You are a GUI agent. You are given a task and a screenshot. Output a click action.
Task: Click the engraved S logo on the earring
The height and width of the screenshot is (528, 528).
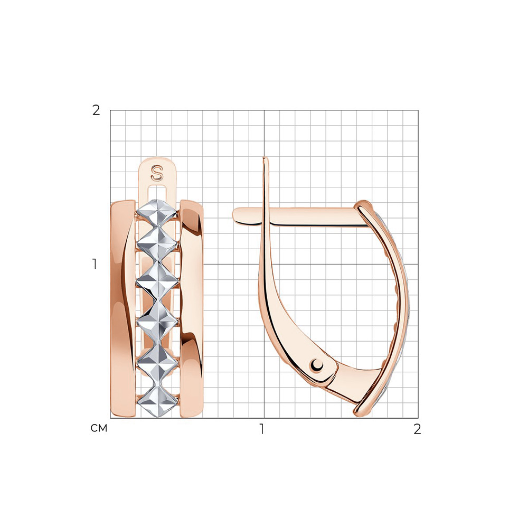157,173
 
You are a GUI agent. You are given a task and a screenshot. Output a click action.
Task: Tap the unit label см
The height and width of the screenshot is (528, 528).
99,428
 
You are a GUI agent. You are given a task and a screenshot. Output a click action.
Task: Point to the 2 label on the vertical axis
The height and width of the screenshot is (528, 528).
96,110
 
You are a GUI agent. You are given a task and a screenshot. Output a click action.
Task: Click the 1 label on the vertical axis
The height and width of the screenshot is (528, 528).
95,264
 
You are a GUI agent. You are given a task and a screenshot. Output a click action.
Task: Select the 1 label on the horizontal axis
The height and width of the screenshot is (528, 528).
262,429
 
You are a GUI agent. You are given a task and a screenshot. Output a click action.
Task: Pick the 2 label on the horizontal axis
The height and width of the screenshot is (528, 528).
417,429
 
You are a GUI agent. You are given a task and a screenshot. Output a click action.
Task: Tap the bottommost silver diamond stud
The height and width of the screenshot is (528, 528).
157,401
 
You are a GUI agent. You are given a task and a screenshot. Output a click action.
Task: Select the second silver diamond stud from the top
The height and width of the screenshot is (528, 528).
157,244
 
